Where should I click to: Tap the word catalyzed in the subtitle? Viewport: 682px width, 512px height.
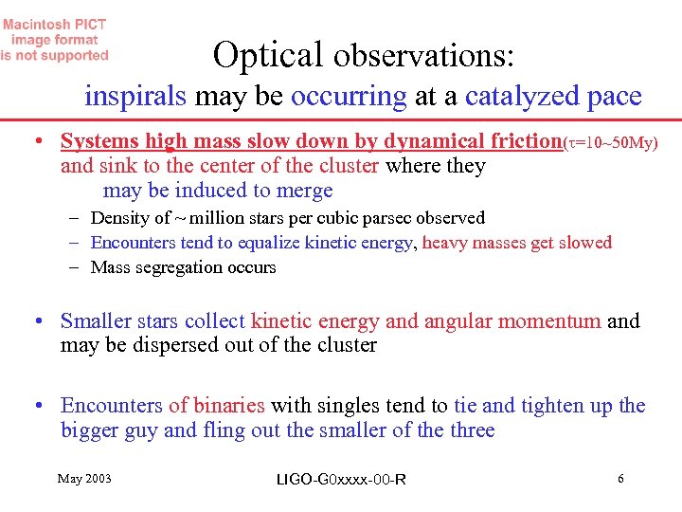coord(512,97)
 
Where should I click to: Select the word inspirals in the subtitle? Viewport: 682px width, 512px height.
coord(136,97)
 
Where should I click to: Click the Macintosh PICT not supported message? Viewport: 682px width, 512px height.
coord(55,40)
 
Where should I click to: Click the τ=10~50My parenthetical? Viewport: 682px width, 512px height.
coord(610,142)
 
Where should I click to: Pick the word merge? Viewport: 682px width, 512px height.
coord(305,191)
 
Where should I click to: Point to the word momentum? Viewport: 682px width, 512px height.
coord(554,321)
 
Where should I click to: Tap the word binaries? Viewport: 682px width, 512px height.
coord(231,406)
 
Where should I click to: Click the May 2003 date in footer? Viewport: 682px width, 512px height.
coord(84,478)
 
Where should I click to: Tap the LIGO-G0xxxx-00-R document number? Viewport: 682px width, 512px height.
coord(341,479)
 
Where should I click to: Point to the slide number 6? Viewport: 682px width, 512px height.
coord(620,478)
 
